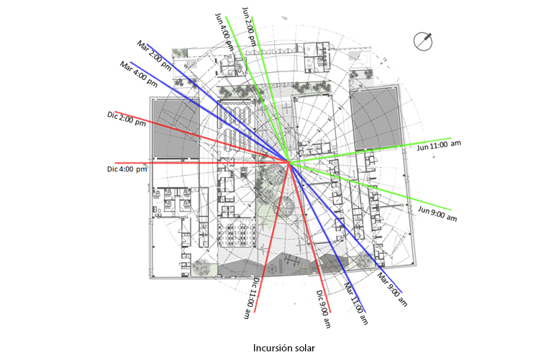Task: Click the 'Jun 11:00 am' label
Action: click(439, 145)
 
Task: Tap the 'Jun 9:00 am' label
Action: click(437, 214)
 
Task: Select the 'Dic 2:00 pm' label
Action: click(127, 119)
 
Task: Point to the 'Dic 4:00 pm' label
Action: click(127, 169)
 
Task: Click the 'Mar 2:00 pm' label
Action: click(155, 55)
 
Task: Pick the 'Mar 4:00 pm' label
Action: click(138, 74)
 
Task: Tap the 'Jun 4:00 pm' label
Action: click(224, 32)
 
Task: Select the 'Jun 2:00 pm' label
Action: click(249, 27)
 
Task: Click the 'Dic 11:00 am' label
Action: click(252, 298)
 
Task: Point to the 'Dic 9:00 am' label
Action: click(324, 309)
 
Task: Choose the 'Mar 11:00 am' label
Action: click(356, 303)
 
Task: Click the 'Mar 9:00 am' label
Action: click(392, 289)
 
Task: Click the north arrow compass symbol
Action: click(423, 41)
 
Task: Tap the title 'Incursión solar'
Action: click(283, 348)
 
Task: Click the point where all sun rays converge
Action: click(289, 162)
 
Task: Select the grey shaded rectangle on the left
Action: click(176, 128)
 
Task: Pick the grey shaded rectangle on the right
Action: click(376, 119)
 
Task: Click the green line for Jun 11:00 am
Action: click(371, 150)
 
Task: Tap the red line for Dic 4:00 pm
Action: click(202, 163)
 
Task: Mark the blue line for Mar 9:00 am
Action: click(346, 228)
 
